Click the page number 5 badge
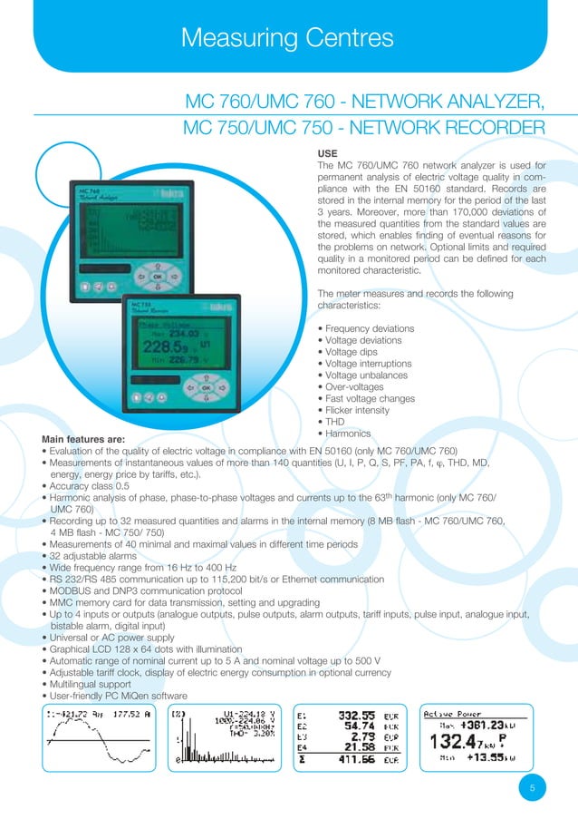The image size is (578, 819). click(532, 788)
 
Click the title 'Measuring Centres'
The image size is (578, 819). click(287, 37)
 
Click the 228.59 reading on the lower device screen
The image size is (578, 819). click(165, 347)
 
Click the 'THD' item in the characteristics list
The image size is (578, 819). click(332, 422)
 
